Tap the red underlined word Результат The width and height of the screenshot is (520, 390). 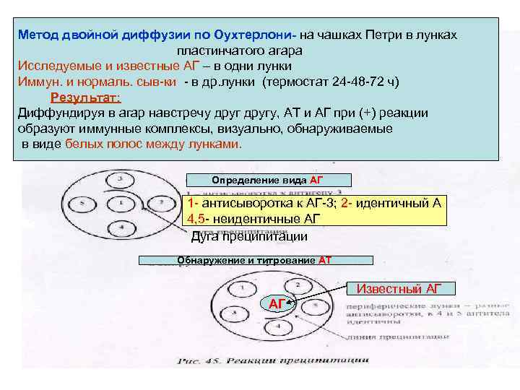[85, 98]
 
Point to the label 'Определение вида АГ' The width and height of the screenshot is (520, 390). [269, 180]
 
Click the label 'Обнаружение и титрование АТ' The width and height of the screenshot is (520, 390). [254, 260]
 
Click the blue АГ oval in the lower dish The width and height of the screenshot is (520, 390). [276, 304]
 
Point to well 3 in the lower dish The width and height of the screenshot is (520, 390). [234, 314]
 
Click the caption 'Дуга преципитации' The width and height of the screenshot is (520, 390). [249, 236]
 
